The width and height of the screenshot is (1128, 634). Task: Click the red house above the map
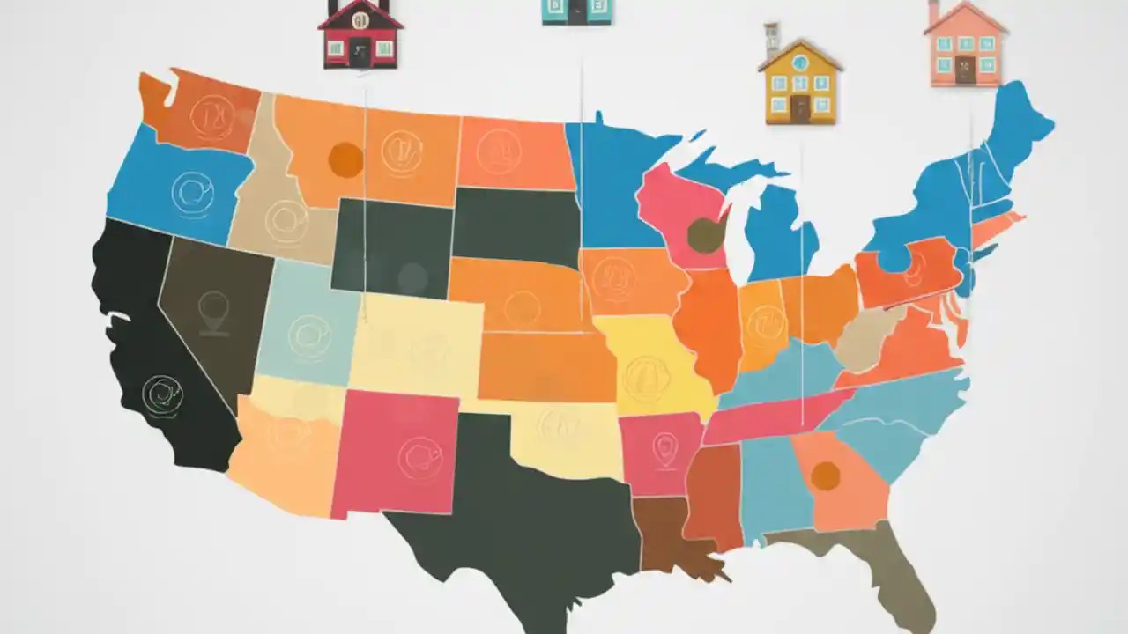click(x=360, y=35)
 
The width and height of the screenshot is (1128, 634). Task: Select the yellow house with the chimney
click(x=799, y=83)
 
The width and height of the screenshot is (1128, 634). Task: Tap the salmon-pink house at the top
click(x=965, y=46)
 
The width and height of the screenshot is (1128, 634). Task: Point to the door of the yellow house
click(x=800, y=108)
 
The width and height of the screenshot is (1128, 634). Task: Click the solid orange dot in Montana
click(x=345, y=159)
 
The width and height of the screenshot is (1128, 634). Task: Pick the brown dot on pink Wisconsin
click(x=705, y=234)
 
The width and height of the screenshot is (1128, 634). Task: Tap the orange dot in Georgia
click(x=825, y=475)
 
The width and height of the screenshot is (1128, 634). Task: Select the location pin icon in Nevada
click(x=213, y=312)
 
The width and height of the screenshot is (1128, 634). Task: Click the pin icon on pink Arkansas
click(x=663, y=449)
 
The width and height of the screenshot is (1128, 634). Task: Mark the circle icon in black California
click(x=162, y=395)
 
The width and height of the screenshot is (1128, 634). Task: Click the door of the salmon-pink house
click(x=965, y=70)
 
